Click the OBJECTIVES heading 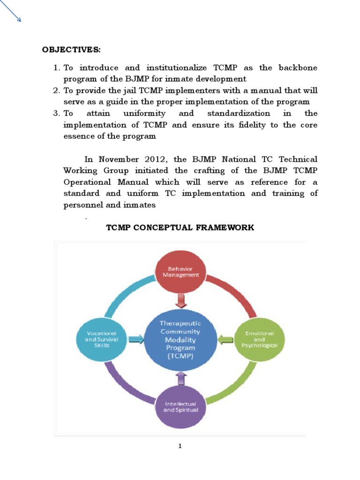point(71,50)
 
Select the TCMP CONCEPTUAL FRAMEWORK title point(180,228)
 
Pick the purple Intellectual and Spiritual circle point(180,406)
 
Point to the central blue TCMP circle point(180,339)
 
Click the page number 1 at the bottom point(180,446)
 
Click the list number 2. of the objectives point(57,90)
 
